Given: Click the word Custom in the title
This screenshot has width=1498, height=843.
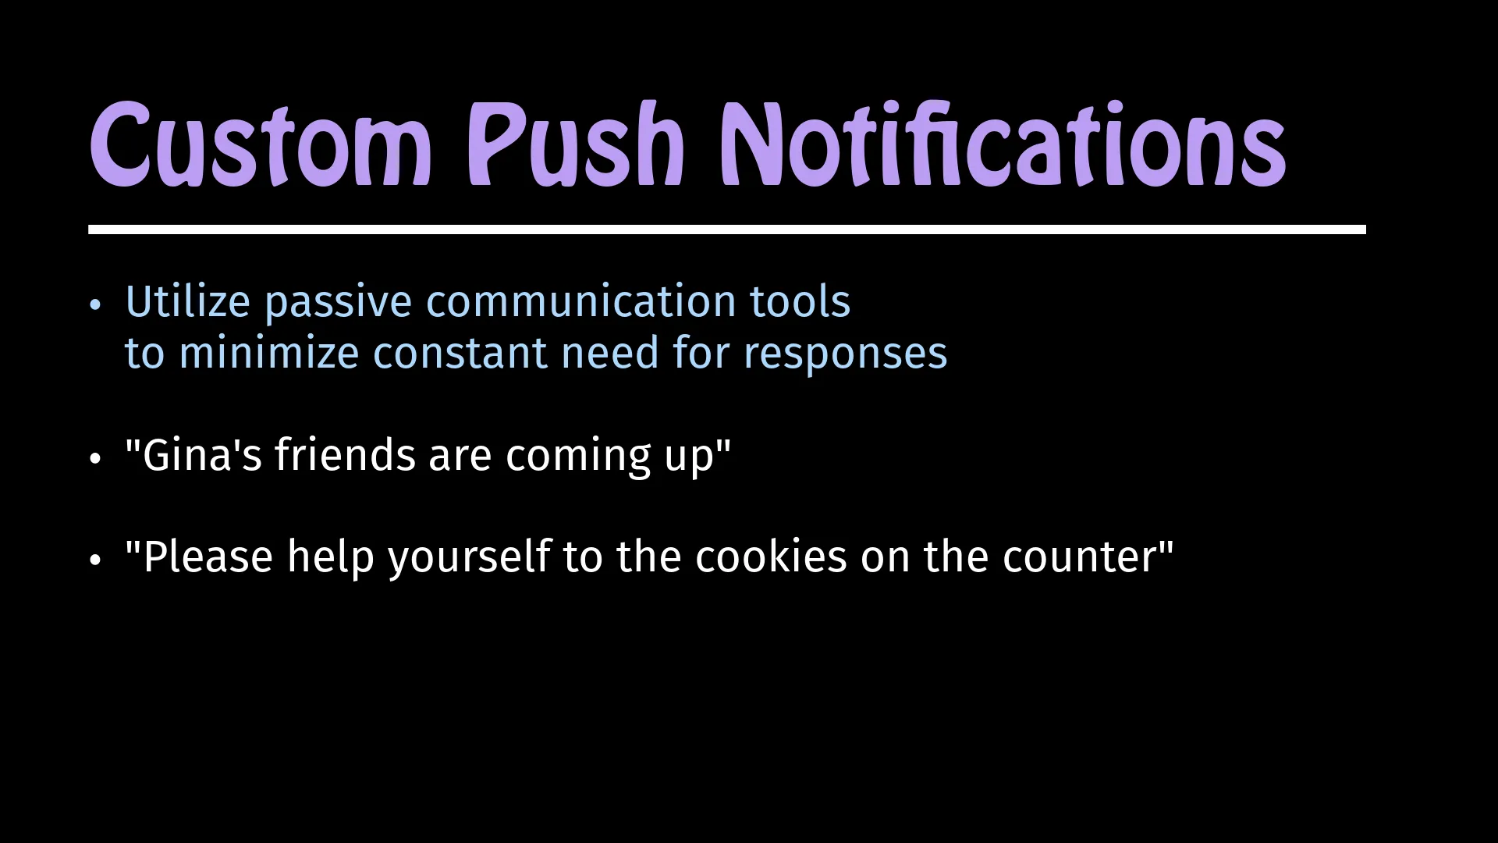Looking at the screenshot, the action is (261, 144).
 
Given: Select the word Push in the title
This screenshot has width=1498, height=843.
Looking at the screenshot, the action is (576, 144).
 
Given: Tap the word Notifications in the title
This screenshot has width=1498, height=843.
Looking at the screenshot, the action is (1003, 144).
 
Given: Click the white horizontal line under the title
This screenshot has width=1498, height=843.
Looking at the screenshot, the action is (727, 229).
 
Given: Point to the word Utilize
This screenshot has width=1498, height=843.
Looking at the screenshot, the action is (187, 301).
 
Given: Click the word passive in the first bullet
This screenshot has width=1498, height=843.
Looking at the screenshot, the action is (338, 304).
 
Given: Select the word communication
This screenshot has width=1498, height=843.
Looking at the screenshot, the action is (581, 301).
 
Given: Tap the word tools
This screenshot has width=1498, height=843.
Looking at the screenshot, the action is (800, 301).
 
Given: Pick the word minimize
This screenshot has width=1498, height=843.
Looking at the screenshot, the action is (269, 353).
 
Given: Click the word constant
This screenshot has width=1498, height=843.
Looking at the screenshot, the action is (460, 353).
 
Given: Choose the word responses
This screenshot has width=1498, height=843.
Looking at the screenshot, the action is (846, 356).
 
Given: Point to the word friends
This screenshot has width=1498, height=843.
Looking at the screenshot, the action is (345, 454).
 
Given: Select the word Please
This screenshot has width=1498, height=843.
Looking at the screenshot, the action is (208, 557).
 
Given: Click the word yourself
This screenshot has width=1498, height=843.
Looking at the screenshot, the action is (470, 558).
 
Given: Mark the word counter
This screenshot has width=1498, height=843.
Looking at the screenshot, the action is (1080, 558).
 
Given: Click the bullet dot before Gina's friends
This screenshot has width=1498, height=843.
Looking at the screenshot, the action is (95, 458).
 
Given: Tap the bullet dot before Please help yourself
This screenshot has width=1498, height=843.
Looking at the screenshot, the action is (95, 560).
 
